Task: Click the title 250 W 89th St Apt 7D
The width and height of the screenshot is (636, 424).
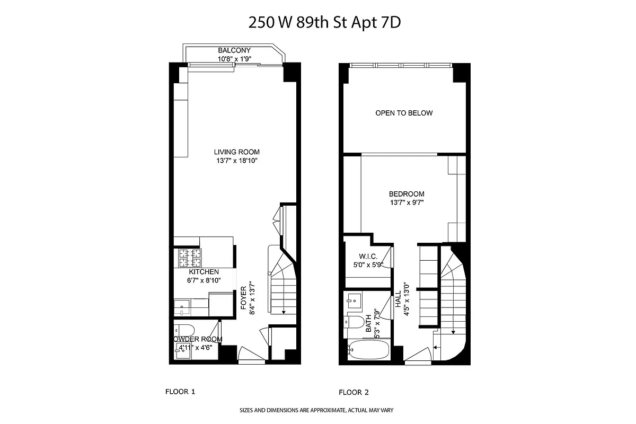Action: tap(329, 22)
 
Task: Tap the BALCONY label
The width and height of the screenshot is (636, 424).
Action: tap(234, 50)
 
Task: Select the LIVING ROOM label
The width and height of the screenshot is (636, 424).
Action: tap(236, 152)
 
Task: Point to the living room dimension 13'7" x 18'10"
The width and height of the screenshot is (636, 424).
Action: tap(236, 160)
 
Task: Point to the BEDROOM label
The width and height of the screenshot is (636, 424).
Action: tap(406, 194)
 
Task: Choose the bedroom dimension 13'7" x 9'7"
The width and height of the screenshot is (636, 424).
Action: tap(406, 202)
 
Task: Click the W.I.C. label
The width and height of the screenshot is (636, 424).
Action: tap(367, 256)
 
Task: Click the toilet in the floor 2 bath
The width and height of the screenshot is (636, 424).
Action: tap(357, 322)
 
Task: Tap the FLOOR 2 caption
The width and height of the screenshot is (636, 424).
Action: tap(354, 393)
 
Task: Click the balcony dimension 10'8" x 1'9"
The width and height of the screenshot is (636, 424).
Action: tap(234, 59)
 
